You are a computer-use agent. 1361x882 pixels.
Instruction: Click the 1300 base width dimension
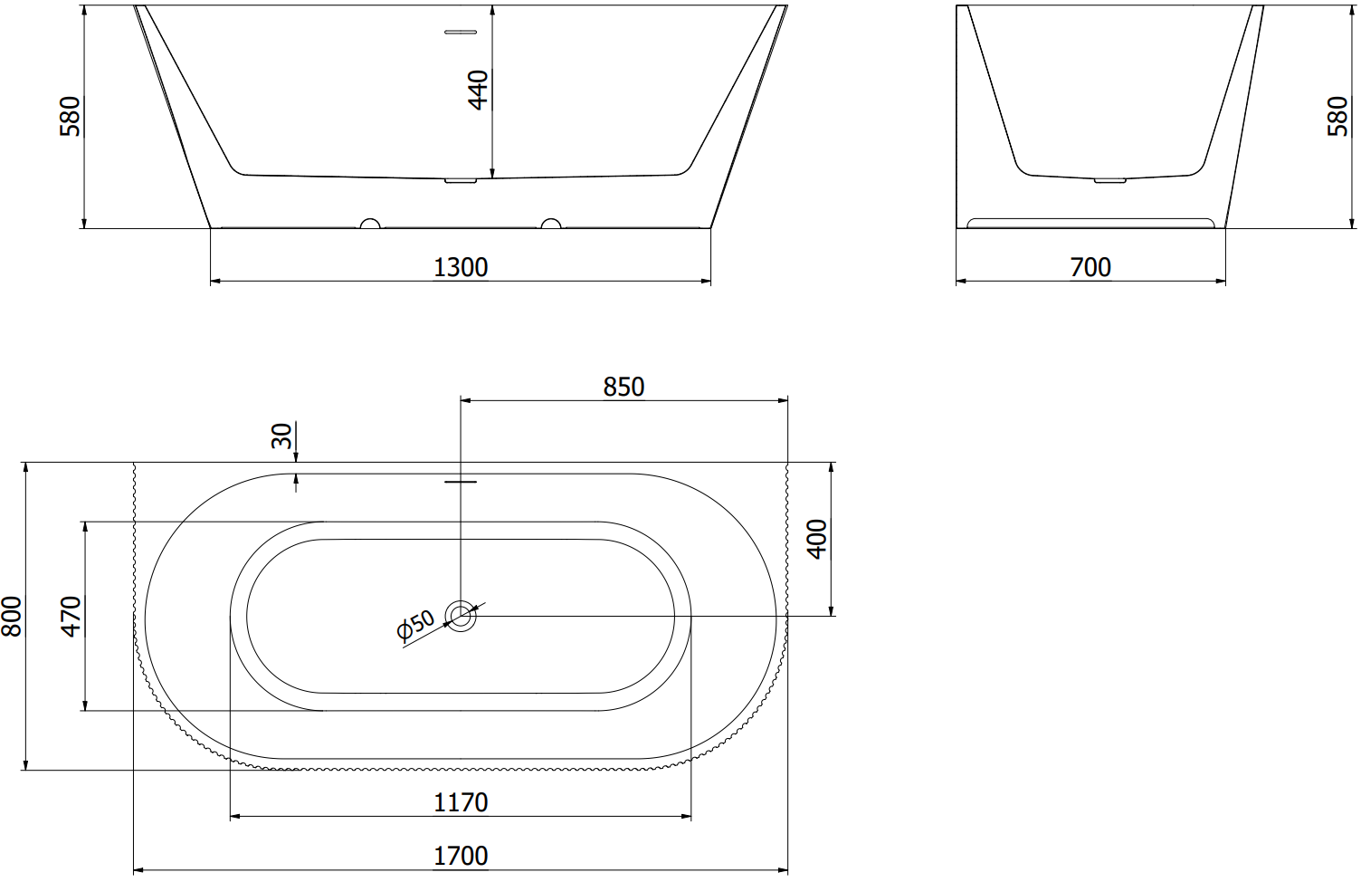[x=461, y=267]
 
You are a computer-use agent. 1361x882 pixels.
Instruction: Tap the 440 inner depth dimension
[x=479, y=90]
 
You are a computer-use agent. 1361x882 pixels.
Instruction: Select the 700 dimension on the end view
[x=1090, y=267]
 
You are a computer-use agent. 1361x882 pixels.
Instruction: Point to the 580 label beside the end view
[x=1337, y=116]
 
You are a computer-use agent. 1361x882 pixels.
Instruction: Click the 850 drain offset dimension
[x=623, y=388]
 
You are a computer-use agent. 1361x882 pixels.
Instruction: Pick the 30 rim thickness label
[x=282, y=436]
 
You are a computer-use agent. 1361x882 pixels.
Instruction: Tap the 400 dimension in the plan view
[x=817, y=539]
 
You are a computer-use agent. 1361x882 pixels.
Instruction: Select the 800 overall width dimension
[x=12, y=617]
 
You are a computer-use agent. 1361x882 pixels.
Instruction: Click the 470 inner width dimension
[x=71, y=617]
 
